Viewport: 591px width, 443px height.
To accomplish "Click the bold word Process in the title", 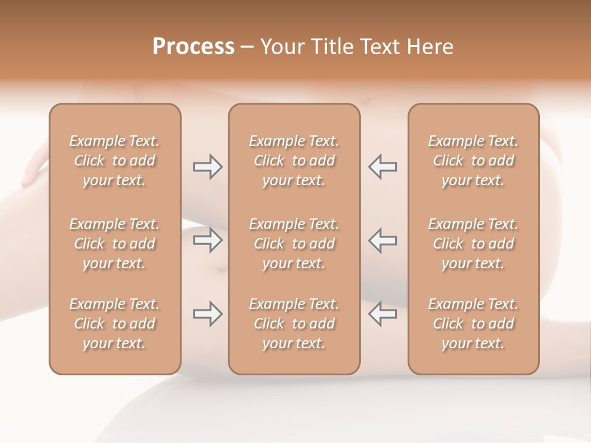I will pyautogui.click(x=193, y=47).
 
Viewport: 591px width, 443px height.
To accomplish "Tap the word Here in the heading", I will pyautogui.click(x=430, y=47).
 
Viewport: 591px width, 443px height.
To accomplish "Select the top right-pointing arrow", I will pyautogui.click(x=207, y=167).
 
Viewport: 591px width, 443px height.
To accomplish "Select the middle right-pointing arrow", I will pyautogui.click(x=207, y=240).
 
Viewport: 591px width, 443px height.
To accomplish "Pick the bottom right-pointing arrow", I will pyautogui.click(x=207, y=314).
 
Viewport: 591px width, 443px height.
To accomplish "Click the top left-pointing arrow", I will pyautogui.click(x=382, y=167).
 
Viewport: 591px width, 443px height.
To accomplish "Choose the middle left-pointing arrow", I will pyautogui.click(x=382, y=240).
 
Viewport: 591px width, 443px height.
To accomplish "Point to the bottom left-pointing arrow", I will pyautogui.click(x=382, y=314).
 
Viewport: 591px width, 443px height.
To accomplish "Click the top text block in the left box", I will pyautogui.click(x=115, y=161).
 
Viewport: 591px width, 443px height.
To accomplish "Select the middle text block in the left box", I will pyautogui.click(x=115, y=244).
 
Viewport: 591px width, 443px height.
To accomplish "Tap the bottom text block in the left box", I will pyautogui.click(x=115, y=324).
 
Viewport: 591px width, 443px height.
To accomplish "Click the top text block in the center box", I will pyautogui.click(x=294, y=161).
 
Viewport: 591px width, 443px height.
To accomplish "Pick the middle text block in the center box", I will pyautogui.click(x=294, y=244).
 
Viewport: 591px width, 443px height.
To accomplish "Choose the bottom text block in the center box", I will pyautogui.click(x=294, y=324).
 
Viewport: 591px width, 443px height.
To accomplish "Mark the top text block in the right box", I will pyautogui.click(x=473, y=161).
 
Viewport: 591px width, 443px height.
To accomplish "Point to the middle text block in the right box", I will pyautogui.click(x=473, y=244).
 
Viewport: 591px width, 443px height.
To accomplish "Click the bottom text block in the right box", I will pyautogui.click(x=473, y=324).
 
